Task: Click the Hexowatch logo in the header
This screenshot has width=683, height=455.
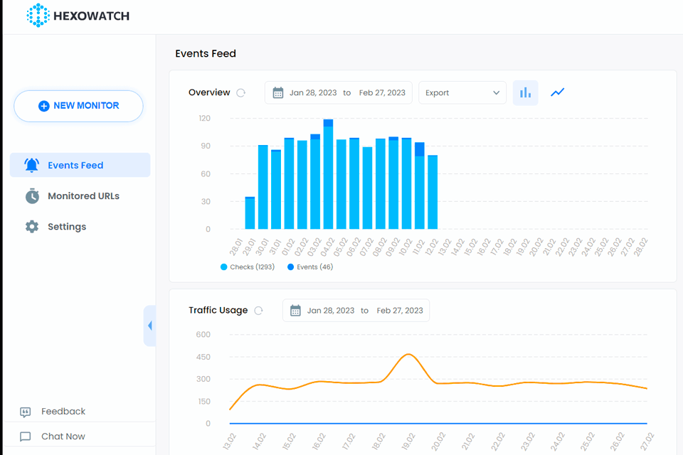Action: [78, 16]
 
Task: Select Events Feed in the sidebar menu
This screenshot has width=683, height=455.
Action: [75, 165]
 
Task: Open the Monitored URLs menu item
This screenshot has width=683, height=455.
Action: [83, 196]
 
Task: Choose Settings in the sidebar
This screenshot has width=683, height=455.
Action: [67, 227]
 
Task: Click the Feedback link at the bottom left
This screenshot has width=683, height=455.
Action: [63, 412]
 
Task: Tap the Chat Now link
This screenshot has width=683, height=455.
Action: [63, 437]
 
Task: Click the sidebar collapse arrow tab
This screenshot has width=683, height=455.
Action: [149, 326]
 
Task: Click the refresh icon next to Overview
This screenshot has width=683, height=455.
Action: [241, 92]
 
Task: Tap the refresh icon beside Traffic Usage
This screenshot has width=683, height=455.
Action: [259, 311]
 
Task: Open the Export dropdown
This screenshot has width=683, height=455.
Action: [462, 92]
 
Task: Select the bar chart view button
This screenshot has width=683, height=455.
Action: [525, 92]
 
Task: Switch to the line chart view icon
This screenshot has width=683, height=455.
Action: [557, 92]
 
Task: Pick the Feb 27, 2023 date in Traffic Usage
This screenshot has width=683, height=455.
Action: [400, 311]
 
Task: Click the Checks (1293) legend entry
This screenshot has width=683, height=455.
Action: [248, 267]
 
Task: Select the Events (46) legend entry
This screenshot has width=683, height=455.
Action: [310, 267]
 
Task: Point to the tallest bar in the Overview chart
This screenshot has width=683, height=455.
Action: [328, 174]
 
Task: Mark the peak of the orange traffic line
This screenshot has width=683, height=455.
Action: [408, 354]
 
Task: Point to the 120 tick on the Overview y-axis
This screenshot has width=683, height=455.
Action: [204, 118]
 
